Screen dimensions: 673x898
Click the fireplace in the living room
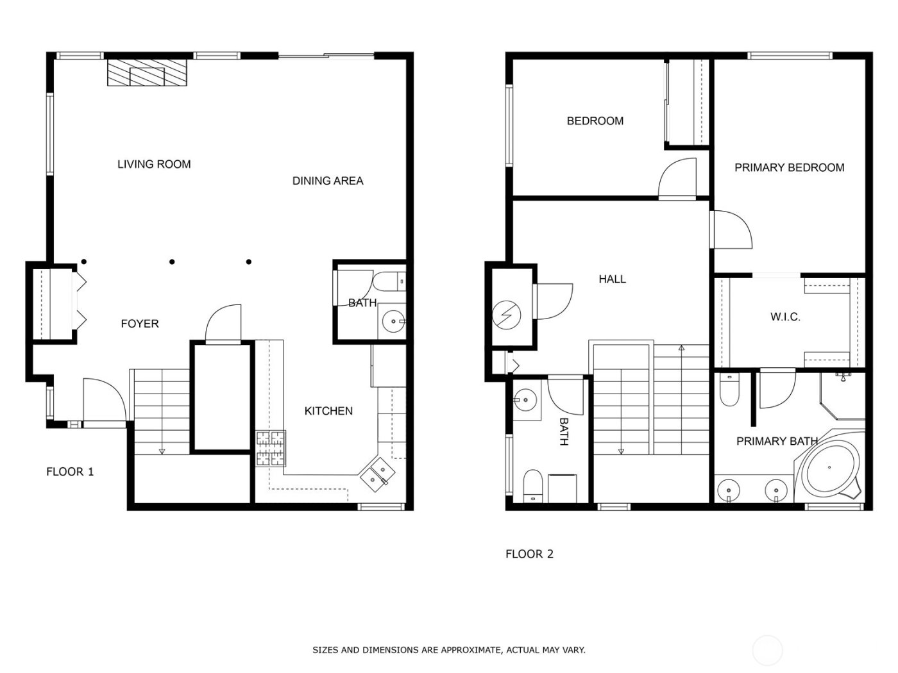tap(147, 74)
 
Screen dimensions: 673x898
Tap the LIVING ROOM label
tap(154, 164)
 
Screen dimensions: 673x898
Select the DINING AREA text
tap(328, 181)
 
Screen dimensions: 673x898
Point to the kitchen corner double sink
tap(378, 474)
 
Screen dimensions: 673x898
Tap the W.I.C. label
tap(785, 317)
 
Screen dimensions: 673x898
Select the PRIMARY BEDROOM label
tap(789, 168)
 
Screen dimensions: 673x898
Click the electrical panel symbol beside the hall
tap(507, 314)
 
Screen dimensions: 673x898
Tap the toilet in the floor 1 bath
tap(389, 281)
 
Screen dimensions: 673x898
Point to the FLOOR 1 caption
tap(70, 472)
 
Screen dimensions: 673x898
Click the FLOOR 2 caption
tap(529, 554)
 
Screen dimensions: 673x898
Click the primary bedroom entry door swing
tap(732, 229)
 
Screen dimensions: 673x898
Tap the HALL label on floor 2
tap(612, 279)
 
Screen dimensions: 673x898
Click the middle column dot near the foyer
tap(172, 262)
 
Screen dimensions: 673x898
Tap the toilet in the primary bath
tap(729, 391)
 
